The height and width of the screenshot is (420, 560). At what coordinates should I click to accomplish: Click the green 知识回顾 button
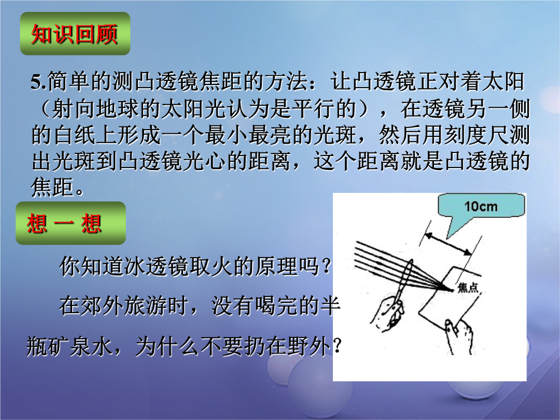(x=75, y=34)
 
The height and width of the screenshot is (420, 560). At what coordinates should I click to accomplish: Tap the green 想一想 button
(x=71, y=223)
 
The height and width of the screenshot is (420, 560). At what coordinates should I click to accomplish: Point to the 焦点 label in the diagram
(x=468, y=287)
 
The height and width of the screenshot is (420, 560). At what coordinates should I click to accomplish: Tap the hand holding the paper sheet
(x=459, y=335)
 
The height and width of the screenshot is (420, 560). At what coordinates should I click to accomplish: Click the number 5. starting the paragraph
(x=38, y=82)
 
